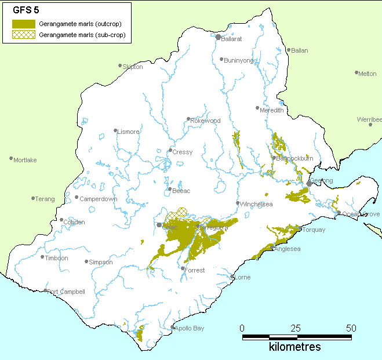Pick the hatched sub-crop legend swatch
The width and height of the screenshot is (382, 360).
24,35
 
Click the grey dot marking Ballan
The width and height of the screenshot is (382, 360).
289,50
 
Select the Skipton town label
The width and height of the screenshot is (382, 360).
133,67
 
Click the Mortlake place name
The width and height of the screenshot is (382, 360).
25,160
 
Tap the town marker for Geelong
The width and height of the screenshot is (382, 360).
309,183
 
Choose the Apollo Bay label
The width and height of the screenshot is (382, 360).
191,329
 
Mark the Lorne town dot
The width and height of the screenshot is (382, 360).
232,277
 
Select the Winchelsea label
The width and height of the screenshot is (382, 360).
257,204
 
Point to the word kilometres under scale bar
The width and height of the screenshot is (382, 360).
294,347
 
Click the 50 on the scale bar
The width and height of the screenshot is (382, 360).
351,328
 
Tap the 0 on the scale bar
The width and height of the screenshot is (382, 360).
242,328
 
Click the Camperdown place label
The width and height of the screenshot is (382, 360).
99,199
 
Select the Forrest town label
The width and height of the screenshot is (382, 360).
195,270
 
